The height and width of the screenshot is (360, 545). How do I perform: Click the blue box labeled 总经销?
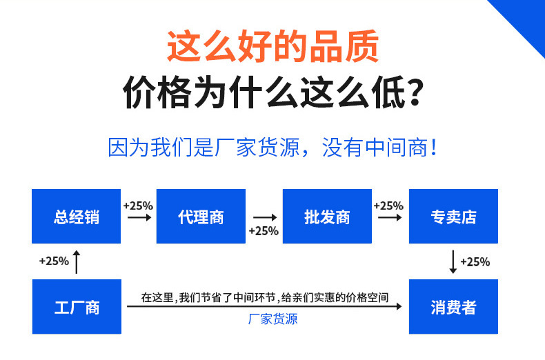click(77, 217)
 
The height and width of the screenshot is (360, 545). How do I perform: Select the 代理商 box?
click(201, 217)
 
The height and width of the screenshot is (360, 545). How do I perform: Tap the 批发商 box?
click(327, 217)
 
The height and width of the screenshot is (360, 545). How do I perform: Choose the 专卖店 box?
click(453, 217)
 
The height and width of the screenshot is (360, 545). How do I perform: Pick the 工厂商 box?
click(77, 307)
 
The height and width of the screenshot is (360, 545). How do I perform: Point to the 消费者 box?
click(453, 307)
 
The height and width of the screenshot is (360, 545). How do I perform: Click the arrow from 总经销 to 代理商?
click(139, 217)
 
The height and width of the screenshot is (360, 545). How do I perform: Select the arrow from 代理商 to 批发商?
click(264, 217)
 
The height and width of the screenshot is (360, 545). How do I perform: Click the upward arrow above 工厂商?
click(77, 261)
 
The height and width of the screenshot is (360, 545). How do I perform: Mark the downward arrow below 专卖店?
click(453, 261)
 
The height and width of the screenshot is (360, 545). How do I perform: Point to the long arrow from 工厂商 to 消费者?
click(265, 308)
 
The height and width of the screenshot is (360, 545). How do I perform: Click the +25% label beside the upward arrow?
click(54, 261)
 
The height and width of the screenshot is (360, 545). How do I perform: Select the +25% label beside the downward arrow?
click(475, 262)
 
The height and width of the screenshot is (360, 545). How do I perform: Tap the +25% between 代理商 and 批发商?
click(264, 231)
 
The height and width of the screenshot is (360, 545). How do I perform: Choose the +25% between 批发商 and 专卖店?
click(388, 206)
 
